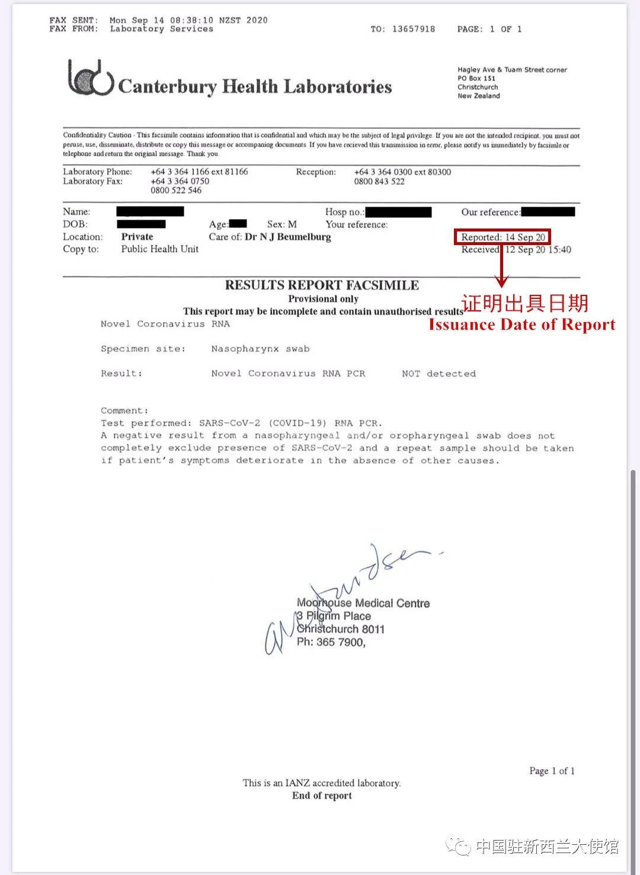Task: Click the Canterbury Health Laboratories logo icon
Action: (x=90, y=78)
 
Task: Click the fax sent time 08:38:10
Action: (x=187, y=20)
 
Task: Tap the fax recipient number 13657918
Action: (x=414, y=29)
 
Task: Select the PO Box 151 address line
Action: (x=476, y=78)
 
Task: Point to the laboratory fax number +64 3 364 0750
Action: (x=180, y=181)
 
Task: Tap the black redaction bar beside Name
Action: (x=150, y=211)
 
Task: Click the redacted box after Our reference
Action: (x=548, y=211)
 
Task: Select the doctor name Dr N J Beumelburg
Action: (x=287, y=237)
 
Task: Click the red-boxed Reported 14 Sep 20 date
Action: (x=503, y=237)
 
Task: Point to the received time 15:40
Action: (x=560, y=250)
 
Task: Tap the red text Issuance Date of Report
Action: (x=521, y=324)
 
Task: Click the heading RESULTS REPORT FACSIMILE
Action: (x=322, y=285)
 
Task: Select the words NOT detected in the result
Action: (x=439, y=374)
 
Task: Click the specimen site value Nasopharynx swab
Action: (x=260, y=349)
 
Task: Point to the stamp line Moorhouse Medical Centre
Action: (x=363, y=603)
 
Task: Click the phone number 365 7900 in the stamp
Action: (x=341, y=642)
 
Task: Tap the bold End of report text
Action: (x=322, y=796)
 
